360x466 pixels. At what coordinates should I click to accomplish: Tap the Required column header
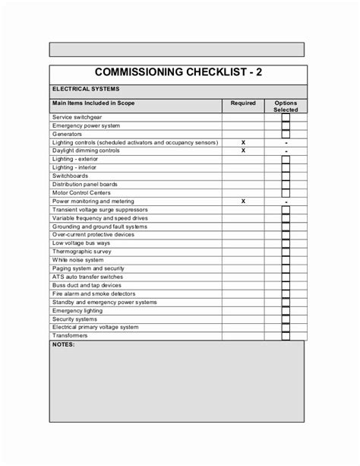(243, 102)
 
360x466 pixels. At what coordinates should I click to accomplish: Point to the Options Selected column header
(286, 106)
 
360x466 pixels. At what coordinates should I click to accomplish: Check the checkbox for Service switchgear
(286, 118)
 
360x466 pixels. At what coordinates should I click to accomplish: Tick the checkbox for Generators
(286, 135)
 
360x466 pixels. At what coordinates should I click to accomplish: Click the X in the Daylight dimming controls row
(243, 151)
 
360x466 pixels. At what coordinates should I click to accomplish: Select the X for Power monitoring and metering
(243, 201)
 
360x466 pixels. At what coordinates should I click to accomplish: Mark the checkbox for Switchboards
(286, 176)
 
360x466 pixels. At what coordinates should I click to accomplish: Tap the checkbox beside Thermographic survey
(286, 252)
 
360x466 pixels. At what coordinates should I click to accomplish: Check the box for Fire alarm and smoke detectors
(286, 293)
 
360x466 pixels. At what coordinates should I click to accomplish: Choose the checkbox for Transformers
(286, 335)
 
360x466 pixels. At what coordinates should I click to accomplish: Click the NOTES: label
(65, 344)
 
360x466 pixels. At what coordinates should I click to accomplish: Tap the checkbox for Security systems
(286, 319)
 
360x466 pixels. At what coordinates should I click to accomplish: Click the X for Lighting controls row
(243, 142)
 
